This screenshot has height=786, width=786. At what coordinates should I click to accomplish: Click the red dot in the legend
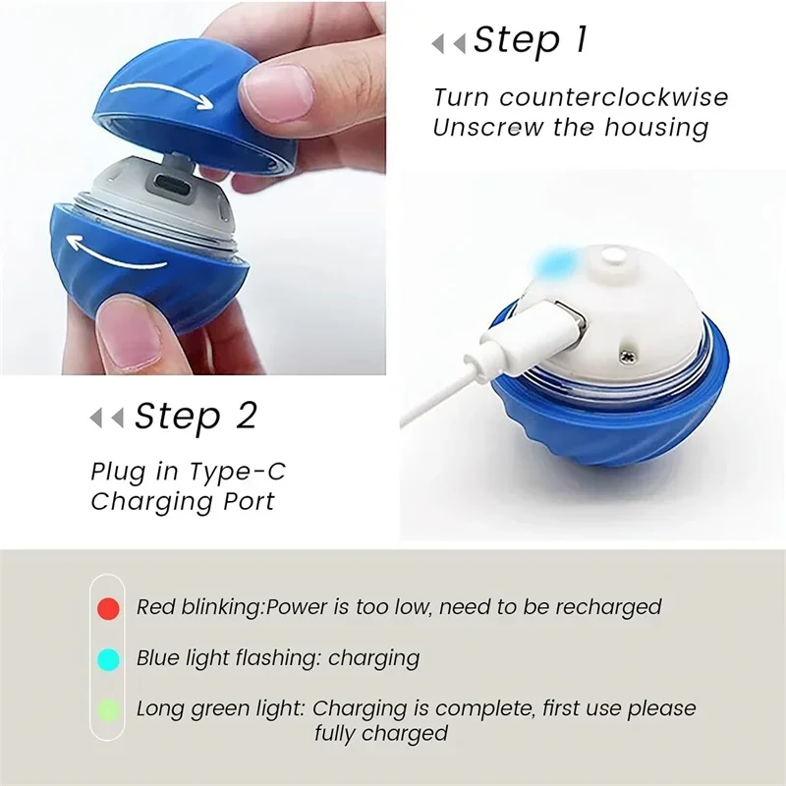point(109,608)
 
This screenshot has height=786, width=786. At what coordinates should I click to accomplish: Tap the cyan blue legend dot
point(109,658)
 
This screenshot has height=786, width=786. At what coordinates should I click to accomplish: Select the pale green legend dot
point(109,707)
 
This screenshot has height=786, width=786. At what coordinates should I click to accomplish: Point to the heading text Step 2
point(196,416)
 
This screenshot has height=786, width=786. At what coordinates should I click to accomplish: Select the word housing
point(657,127)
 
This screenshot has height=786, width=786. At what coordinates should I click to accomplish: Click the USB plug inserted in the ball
point(554,321)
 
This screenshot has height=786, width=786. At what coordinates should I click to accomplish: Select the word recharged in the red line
point(607,607)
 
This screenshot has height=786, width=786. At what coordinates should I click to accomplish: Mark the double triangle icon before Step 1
point(448,43)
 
